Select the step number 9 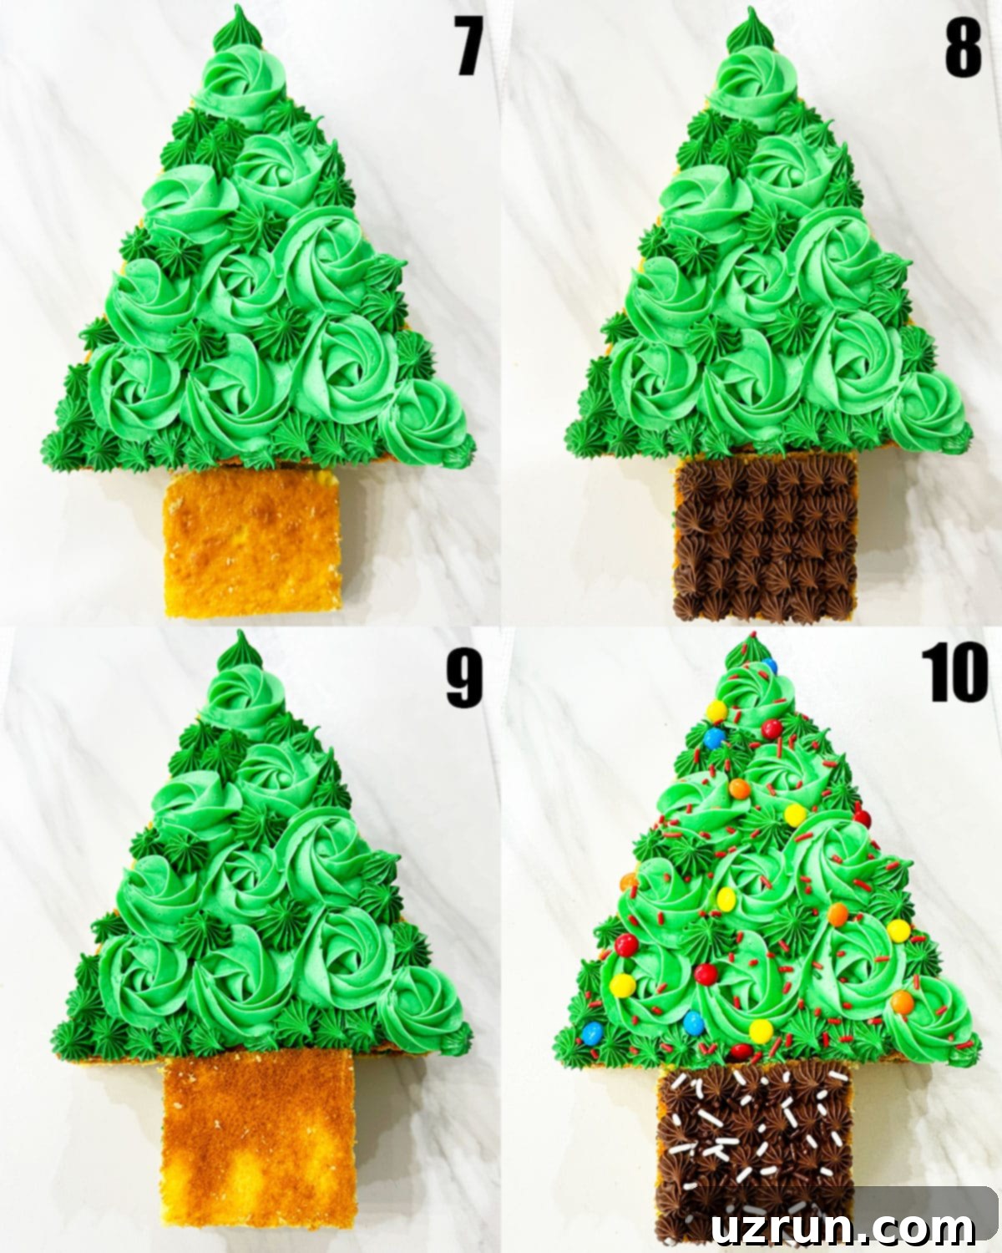click(x=464, y=679)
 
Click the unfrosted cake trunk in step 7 click(x=253, y=541)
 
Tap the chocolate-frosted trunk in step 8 click(x=765, y=539)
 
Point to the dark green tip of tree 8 click(x=751, y=29)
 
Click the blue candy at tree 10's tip click(x=770, y=666)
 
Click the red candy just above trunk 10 click(x=741, y=1052)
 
